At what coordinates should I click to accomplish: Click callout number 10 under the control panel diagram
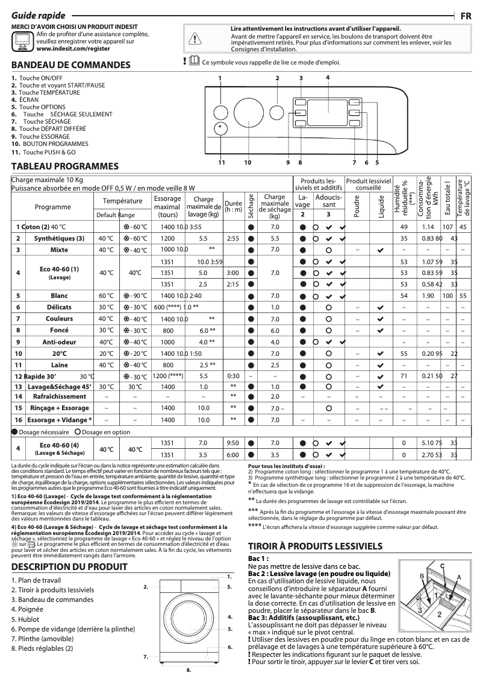point(247,162)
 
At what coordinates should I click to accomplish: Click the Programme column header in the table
point(52,207)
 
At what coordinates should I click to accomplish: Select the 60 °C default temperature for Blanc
point(106,296)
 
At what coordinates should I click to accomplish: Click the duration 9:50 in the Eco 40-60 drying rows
point(232,443)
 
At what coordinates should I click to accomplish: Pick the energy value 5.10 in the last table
point(428,443)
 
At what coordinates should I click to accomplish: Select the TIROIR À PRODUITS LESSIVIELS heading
point(317,546)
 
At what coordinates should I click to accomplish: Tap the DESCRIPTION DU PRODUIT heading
point(69,567)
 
